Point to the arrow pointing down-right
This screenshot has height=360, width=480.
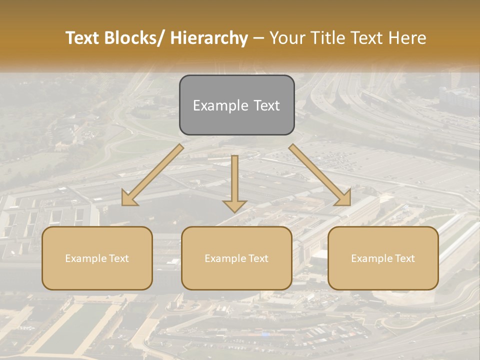(319, 175)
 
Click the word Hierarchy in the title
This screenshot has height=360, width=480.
(209, 38)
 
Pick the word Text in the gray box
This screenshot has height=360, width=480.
(266, 106)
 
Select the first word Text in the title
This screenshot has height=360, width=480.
(81, 38)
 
